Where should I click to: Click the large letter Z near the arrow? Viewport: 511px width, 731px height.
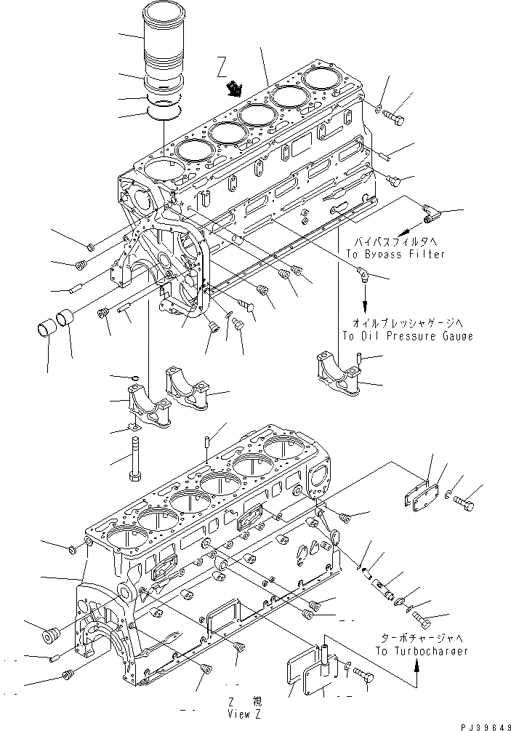coord(222,71)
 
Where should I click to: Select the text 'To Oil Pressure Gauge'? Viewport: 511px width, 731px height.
coord(407,336)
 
